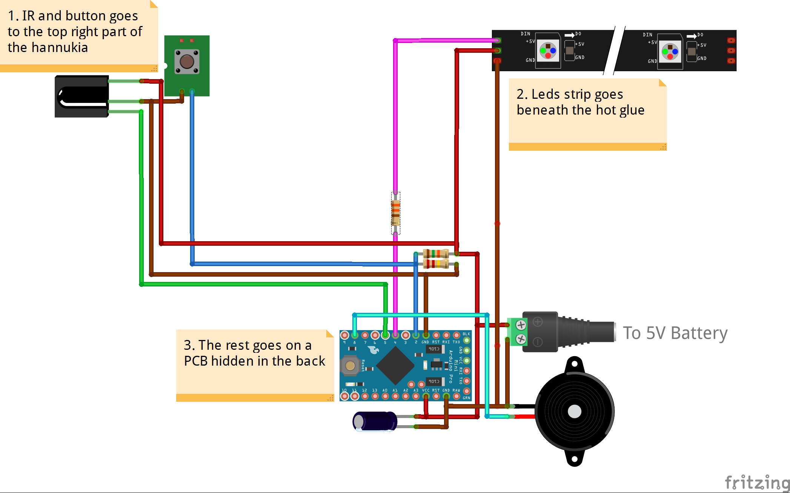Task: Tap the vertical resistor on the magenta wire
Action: (x=395, y=213)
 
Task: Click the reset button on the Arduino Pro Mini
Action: (x=350, y=365)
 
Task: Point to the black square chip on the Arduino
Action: (x=395, y=365)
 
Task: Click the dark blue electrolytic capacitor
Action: (x=375, y=421)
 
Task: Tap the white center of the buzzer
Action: (x=574, y=412)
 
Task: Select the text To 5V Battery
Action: (x=675, y=333)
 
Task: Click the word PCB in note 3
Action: (x=195, y=361)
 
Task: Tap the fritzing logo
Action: (x=756, y=482)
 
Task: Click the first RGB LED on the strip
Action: (x=548, y=51)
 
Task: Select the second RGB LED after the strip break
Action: (x=670, y=52)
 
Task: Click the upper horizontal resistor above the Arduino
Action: (x=436, y=253)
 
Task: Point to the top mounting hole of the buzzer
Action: (x=575, y=364)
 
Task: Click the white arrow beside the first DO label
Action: (x=569, y=35)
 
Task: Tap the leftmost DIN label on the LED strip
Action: (x=525, y=34)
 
